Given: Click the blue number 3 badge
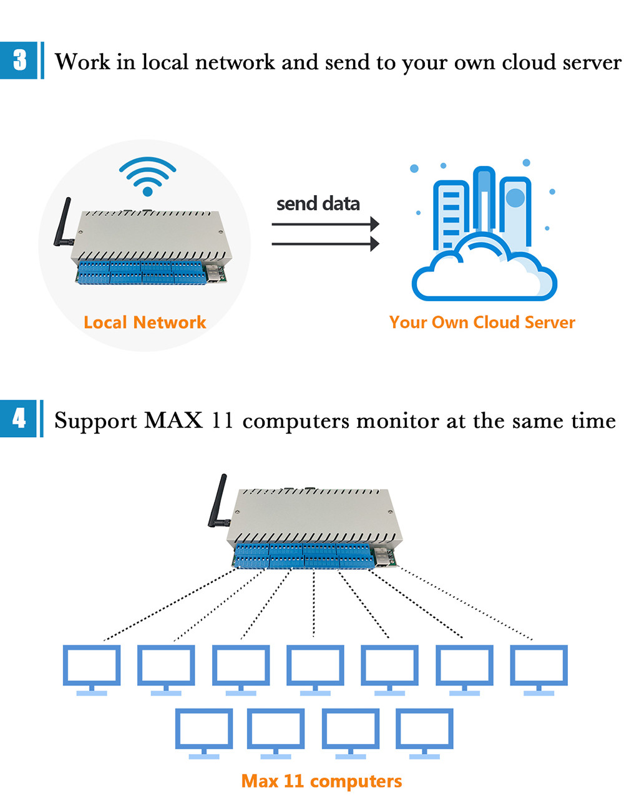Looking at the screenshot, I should click(20, 60).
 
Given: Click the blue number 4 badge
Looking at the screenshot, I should click(20, 418).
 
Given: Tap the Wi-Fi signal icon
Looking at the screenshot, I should click(148, 176).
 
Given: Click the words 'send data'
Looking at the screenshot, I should click(318, 204).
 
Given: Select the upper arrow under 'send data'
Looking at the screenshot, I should click(325, 224).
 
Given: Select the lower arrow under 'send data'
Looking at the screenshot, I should click(325, 243).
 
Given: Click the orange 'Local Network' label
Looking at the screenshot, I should click(145, 322).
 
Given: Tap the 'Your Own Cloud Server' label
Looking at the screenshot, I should click(482, 322).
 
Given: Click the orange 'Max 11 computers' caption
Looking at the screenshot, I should click(321, 781).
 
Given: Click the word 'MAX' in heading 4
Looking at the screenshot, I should click(173, 421).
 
